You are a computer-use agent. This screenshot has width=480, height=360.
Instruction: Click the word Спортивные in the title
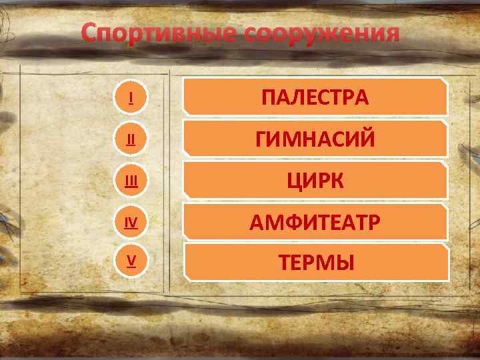(x=159, y=33)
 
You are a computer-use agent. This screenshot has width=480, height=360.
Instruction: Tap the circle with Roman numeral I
(x=131, y=98)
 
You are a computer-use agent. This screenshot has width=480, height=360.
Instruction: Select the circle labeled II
(x=131, y=139)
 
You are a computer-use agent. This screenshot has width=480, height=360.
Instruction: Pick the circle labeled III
(x=131, y=180)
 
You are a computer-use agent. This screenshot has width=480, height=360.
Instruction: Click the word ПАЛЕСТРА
(x=315, y=98)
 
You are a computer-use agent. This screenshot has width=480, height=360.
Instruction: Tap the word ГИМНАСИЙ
(x=315, y=139)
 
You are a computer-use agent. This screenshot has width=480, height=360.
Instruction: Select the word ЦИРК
(x=315, y=180)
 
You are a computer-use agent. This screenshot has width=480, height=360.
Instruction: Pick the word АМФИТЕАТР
(x=315, y=222)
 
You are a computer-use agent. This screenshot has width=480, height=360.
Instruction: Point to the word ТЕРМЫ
(x=315, y=263)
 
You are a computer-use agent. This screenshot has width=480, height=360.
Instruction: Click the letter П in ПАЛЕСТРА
(x=269, y=98)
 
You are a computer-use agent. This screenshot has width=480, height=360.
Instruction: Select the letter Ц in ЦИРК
(x=295, y=181)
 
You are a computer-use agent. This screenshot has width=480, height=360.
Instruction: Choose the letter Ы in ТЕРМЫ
(x=344, y=263)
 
